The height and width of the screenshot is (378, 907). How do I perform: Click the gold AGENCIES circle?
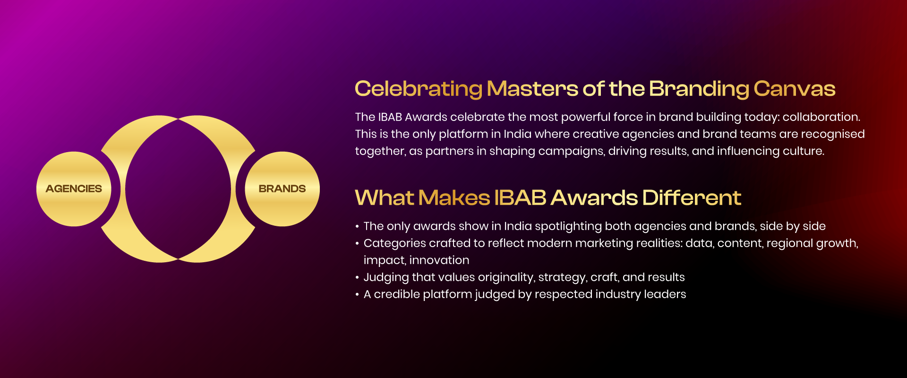point(74,189)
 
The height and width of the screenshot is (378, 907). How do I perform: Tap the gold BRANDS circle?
point(282,189)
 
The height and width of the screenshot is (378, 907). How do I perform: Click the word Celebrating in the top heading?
point(419,89)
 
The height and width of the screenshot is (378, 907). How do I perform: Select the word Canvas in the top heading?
point(795,89)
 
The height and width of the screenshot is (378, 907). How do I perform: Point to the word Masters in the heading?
point(533,89)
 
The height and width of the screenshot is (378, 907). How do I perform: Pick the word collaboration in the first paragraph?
point(821,117)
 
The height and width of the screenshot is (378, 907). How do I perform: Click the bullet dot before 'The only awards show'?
point(357,226)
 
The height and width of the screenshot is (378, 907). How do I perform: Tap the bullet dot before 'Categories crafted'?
point(357,243)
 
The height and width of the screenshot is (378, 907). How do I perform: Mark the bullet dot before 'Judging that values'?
point(357,277)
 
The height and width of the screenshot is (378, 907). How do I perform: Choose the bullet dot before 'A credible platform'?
point(357,294)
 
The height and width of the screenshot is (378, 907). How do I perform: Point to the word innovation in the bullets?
point(439,260)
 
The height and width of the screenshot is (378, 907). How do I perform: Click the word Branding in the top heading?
point(699,89)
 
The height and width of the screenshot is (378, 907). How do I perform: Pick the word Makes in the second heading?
point(454,198)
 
